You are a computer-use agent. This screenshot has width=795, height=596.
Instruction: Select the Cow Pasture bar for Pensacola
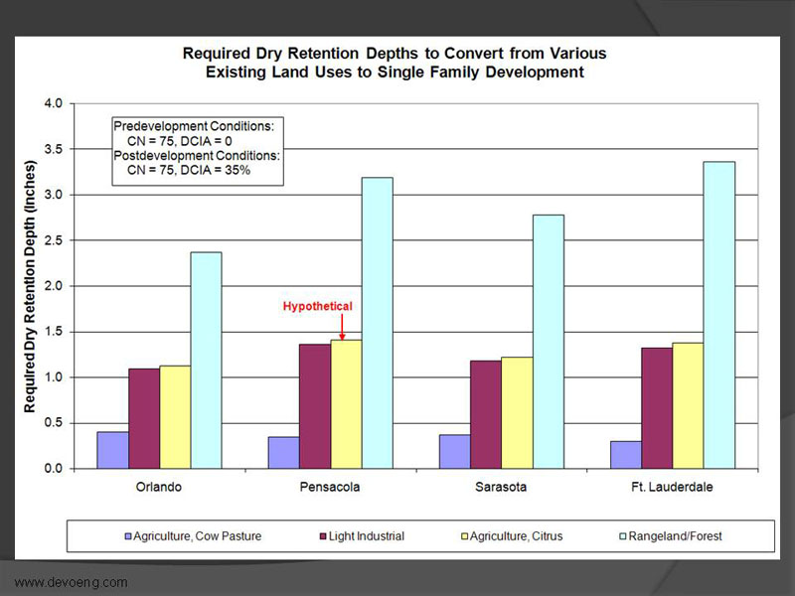point(283,452)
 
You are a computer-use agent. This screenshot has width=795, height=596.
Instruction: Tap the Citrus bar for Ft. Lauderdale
point(688,405)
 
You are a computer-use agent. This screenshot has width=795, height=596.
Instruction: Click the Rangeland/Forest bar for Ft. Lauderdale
point(719,315)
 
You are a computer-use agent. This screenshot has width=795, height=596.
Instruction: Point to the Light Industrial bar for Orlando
point(144,418)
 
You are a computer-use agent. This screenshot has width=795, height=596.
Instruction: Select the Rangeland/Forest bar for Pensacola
point(378,323)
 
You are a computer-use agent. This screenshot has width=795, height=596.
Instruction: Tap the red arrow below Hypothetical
point(342,326)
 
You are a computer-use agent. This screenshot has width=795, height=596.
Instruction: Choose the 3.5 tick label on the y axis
point(52,149)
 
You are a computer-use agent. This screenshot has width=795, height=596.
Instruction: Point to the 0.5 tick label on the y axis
point(52,423)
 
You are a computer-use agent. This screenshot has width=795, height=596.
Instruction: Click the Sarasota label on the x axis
point(503,488)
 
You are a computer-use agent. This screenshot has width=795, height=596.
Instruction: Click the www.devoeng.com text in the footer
point(71,582)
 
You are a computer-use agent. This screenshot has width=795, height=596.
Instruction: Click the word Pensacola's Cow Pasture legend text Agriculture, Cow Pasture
point(203,536)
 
